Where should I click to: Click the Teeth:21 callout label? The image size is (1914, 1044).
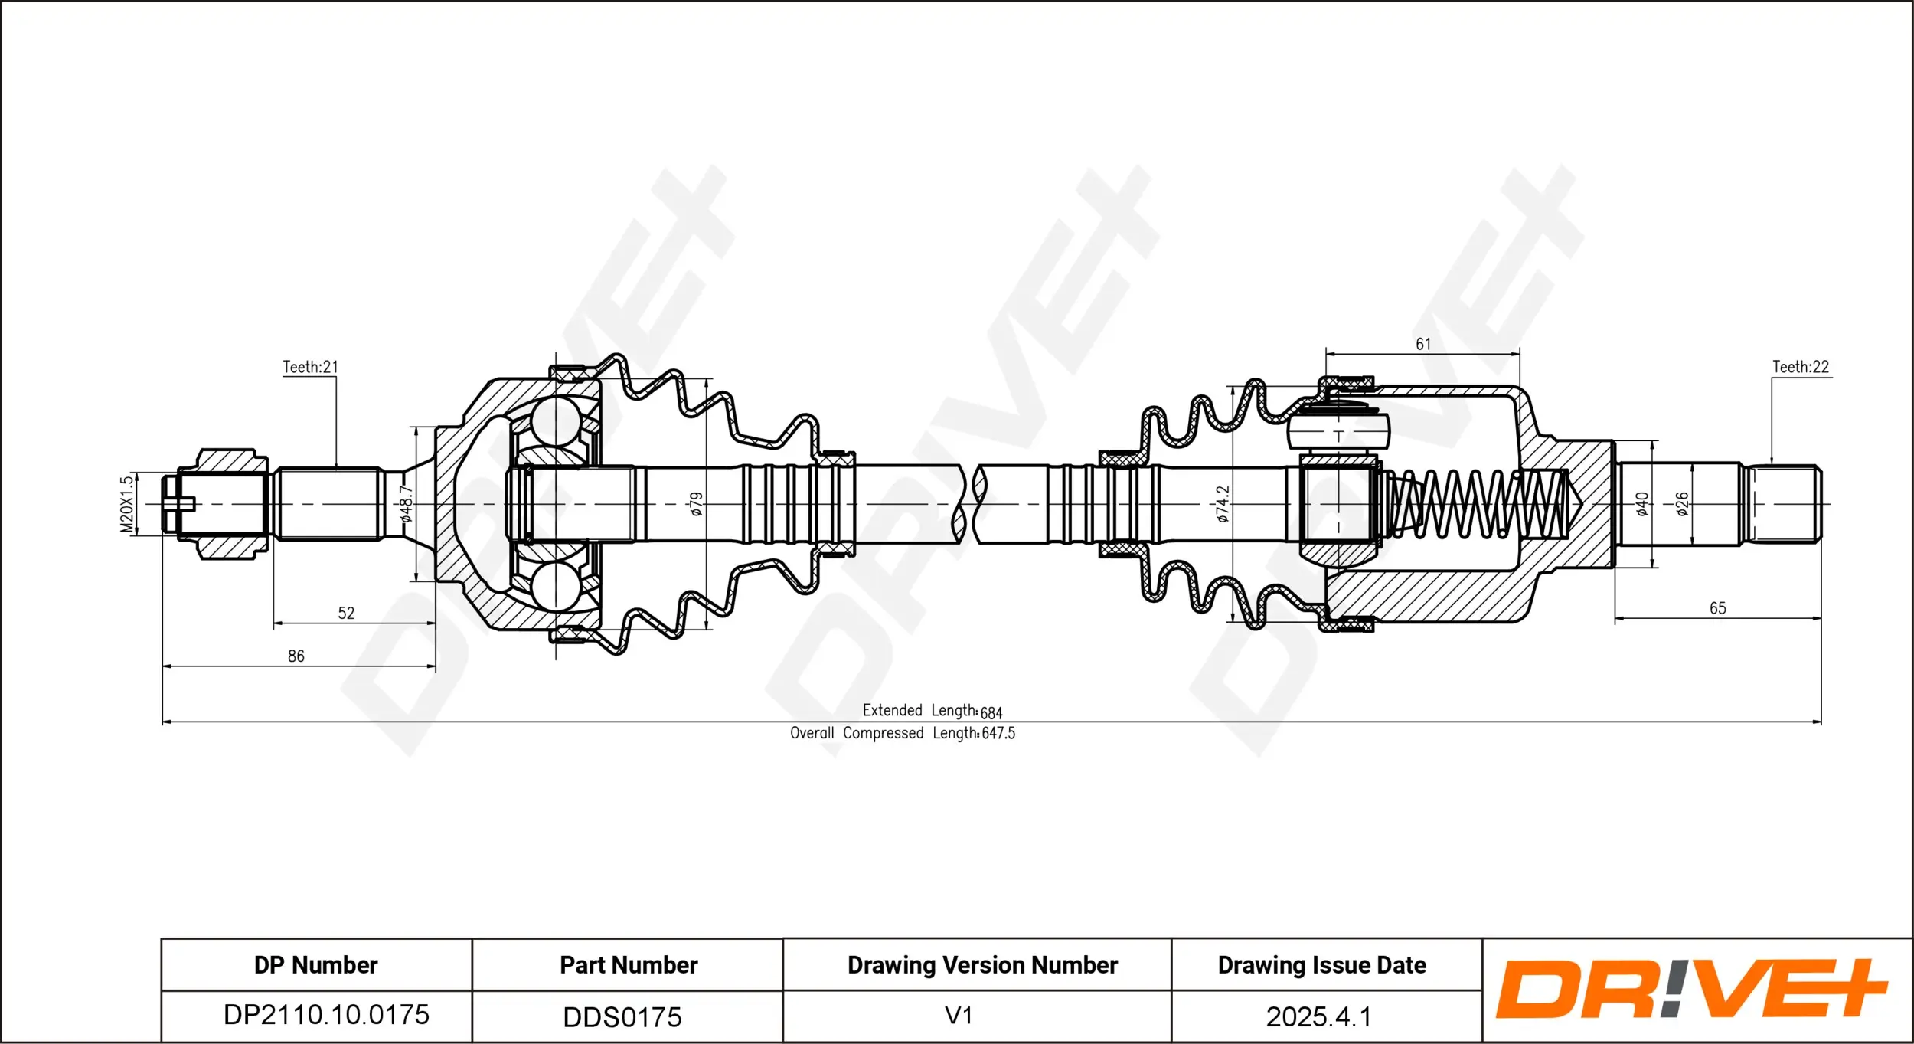[x=310, y=367]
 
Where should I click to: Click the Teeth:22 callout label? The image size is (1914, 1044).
[x=1800, y=367]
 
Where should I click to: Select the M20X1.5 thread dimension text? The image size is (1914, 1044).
[x=127, y=504]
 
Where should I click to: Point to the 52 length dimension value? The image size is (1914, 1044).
[x=346, y=613]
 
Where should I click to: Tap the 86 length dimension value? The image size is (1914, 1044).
[x=296, y=656]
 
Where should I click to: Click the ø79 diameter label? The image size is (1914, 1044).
[x=696, y=504]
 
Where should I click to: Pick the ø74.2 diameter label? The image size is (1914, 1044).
[x=1223, y=504]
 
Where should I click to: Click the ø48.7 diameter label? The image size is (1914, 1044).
[x=407, y=504]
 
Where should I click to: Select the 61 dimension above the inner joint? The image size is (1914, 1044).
[x=1422, y=344]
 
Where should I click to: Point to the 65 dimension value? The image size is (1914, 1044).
[x=1717, y=608]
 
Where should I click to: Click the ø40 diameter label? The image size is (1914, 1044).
[x=1641, y=504]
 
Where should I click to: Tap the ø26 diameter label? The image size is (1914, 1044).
[x=1682, y=504]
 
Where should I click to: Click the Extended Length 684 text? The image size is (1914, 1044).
[x=932, y=711]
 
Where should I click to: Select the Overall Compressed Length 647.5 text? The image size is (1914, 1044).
[x=902, y=733]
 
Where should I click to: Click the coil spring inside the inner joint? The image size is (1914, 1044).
[x=1478, y=504]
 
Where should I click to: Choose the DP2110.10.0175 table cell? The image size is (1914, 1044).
[x=326, y=1015]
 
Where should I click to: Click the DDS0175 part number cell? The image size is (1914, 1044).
[x=622, y=1017]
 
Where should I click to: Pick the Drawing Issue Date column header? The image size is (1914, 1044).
[x=1321, y=965]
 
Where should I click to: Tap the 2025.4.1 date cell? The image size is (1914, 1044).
[x=1318, y=1016]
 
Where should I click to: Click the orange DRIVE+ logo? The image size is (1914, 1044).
[x=1692, y=989]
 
